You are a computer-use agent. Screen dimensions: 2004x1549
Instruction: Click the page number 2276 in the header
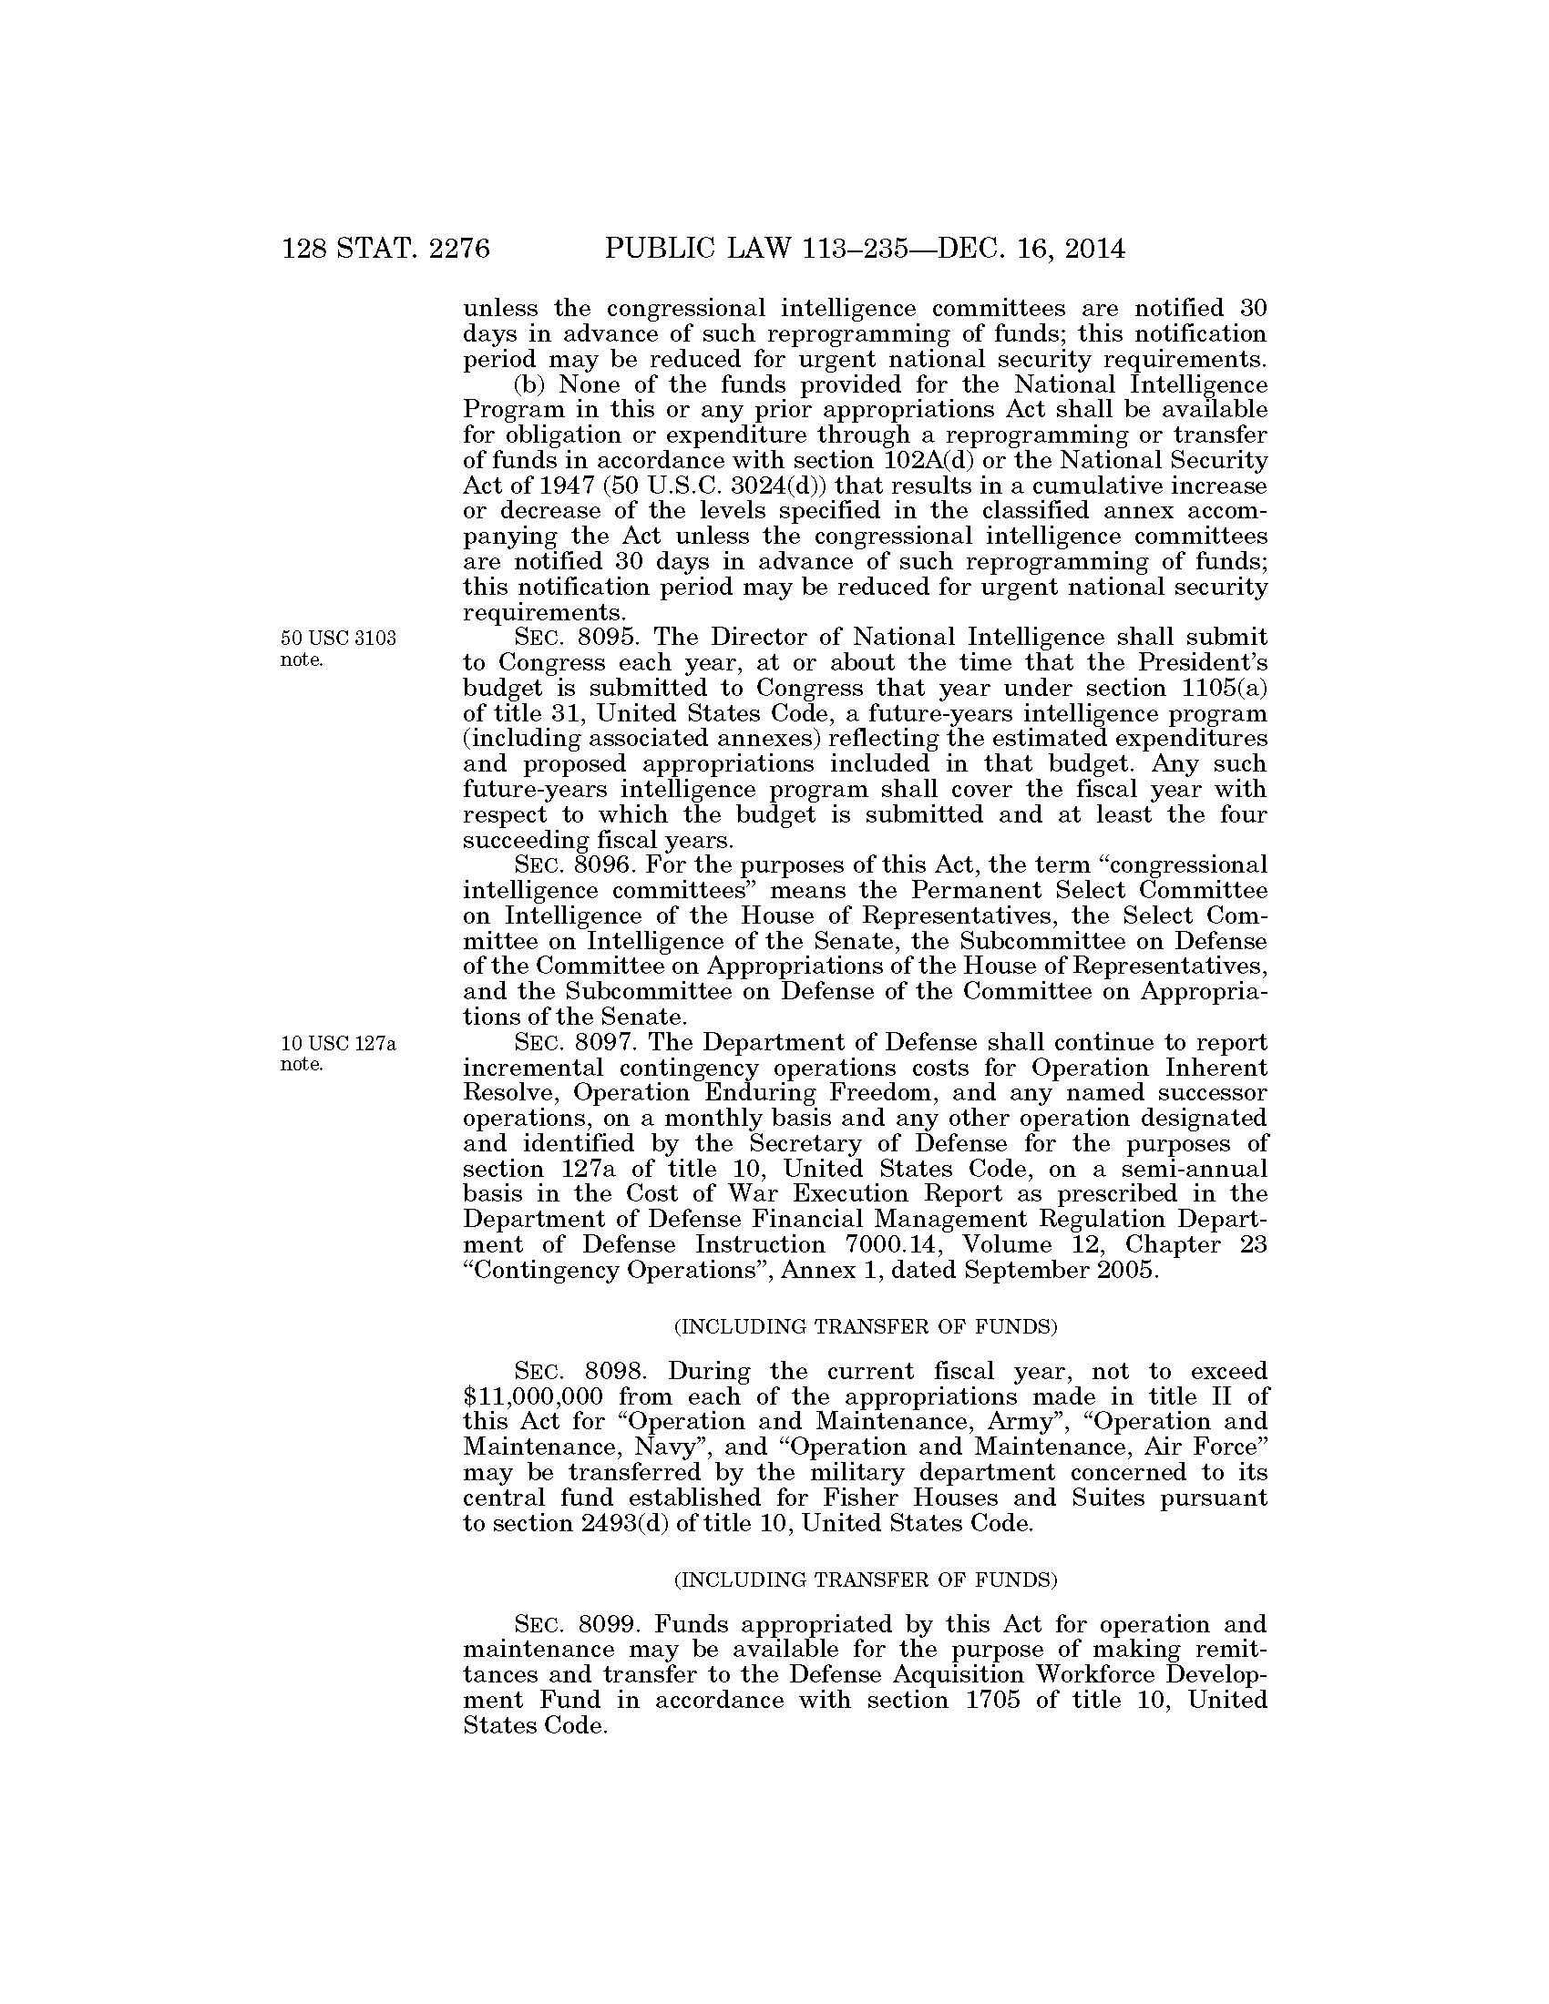tap(460, 249)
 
